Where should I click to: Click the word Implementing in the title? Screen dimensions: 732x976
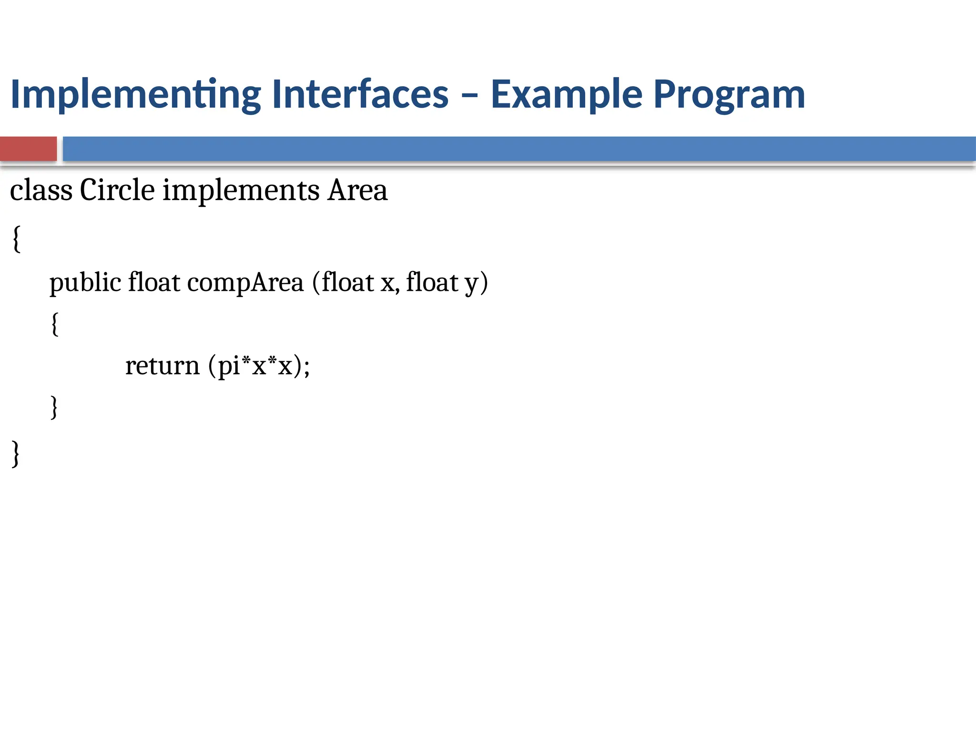[x=135, y=94]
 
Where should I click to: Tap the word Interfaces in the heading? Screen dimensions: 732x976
[x=360, y=94]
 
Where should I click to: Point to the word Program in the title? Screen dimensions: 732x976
[x=729, y=94]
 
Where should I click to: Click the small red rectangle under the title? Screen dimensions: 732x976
[x=28, y=149]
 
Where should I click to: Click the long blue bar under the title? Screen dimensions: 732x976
[x=519, y=149]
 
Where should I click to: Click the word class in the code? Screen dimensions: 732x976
[x=41, y=190]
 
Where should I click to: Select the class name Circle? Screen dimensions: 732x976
[x=117, y=190]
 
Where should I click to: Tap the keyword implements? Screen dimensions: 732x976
[x=241, y=190]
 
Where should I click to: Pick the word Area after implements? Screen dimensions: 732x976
[x=357, y=190]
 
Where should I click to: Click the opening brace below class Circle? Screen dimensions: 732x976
[x=16, y=239]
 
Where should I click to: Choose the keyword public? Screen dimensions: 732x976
[x=85, y=282]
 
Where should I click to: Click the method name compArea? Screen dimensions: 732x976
[x=245, y=282]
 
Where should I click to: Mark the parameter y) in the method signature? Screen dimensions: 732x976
[x=476, y=282]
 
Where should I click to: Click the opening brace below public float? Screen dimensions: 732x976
[x=55, y=324]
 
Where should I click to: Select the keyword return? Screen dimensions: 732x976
[x=162, y=366]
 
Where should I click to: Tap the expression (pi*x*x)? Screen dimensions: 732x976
[x=259, y=366]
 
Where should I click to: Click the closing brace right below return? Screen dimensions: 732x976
[x=54, y=407]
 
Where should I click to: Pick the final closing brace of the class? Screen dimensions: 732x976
[x=16, y=453]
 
